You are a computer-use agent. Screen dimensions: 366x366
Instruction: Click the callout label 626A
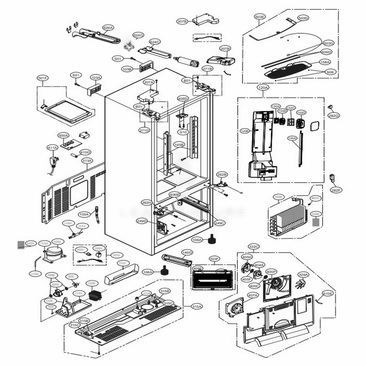point(108,27)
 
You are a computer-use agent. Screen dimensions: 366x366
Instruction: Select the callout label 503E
point(260,17)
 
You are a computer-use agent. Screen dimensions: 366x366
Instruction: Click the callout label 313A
point(87,161)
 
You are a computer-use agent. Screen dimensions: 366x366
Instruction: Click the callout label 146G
point(187,253)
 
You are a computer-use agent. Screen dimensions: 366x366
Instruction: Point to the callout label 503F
point(214,259)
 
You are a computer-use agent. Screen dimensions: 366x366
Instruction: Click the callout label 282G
point(333,116)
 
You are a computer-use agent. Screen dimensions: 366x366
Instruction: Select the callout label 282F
point(336,190)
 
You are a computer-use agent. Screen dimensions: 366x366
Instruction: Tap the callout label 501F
point(42,78)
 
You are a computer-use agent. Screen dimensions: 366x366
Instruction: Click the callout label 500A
point(63,135)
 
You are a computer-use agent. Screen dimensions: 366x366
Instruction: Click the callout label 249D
point(142,221)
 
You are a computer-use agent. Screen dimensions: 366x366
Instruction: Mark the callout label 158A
point(325,62)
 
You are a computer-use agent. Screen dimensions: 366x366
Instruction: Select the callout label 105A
point(84,214)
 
